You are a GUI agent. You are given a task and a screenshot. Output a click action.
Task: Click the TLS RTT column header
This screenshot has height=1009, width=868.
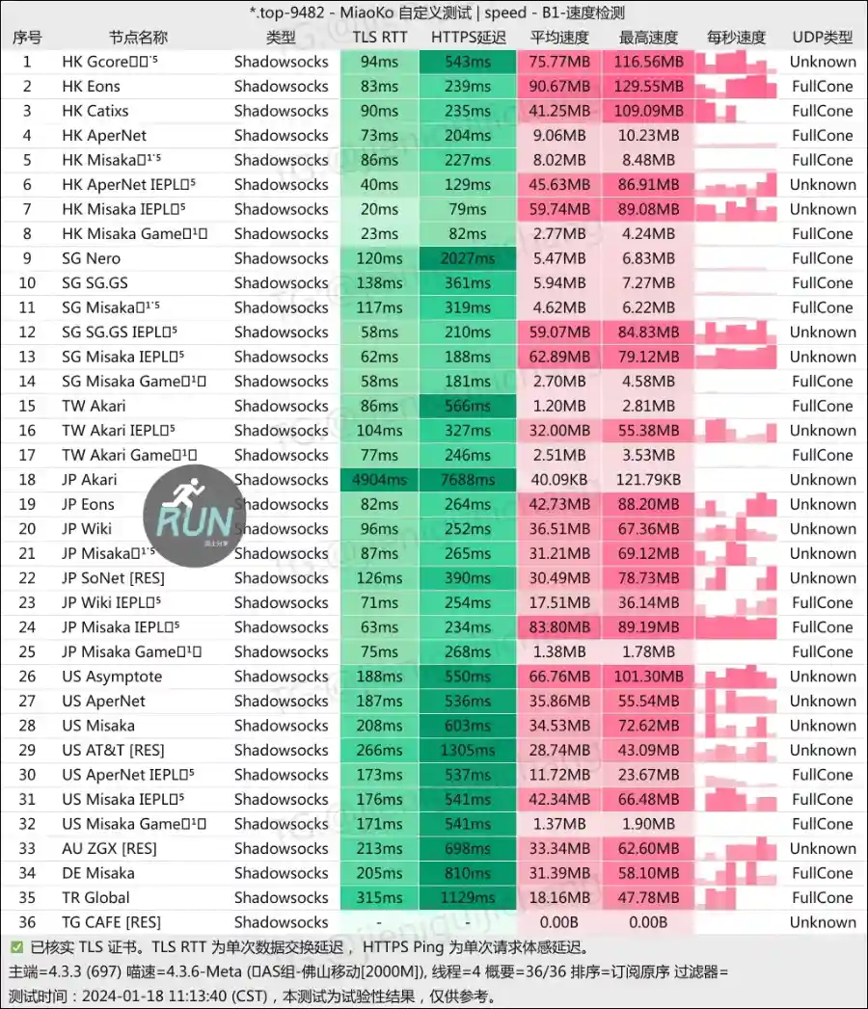coord(380,38)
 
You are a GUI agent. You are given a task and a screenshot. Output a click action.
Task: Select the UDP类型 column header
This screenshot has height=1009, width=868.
coord(823,38)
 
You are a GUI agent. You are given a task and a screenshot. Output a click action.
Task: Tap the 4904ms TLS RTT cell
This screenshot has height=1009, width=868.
coord(380,480)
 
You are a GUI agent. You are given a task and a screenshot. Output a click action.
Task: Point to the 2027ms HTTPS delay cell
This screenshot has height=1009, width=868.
coord(468,258)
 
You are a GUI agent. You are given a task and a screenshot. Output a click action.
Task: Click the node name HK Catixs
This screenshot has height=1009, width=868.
coord(95,111)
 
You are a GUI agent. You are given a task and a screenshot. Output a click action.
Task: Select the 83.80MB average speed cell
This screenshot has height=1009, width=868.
coord(559,627)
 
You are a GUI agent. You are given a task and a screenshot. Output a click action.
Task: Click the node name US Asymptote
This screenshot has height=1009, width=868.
coord(112,677)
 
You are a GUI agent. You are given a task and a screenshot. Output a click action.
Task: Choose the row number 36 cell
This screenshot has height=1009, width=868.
coord(27,922)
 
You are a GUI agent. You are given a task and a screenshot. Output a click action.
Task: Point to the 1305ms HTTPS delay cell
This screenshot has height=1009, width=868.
coord(468,750)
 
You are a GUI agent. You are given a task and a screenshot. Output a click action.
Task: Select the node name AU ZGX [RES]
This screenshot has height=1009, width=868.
coord(109,848)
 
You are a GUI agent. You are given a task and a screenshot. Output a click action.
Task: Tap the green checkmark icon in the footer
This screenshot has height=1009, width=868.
coord(17,947)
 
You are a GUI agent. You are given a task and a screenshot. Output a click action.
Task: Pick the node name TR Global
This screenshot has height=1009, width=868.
coord(95,897)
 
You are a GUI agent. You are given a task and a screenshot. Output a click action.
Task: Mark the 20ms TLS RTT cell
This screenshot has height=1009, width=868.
coord(380,209)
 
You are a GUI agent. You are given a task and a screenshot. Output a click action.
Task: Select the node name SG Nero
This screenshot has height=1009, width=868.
coord(92,258)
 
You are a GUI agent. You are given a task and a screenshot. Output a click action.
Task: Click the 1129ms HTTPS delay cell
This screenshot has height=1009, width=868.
coord(468,897)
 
